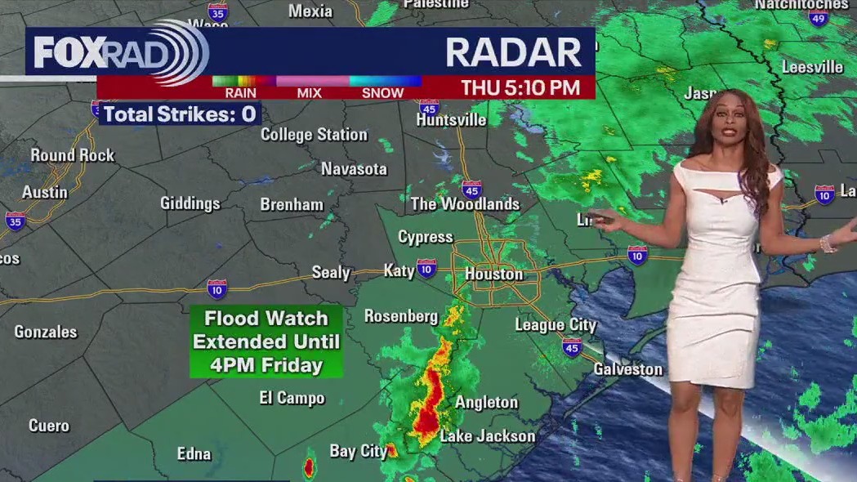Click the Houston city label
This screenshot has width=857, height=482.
click(x=493, y=274)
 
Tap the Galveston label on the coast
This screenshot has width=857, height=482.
click(x=627, y=369)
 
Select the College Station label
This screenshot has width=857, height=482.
click(x=314, y=135)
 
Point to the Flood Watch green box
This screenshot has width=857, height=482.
click(x=266, y=341)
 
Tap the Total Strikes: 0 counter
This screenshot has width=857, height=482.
click(x=180, y=114)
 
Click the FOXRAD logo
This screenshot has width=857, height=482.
click(x=118, y=53)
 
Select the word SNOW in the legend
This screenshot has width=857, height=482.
click(x=382, y=93)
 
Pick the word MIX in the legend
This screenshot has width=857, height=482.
click(x=309, y=93)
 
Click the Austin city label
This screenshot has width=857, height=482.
click(x=44, y=193)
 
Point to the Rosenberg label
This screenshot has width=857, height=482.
click(x=401, y=316)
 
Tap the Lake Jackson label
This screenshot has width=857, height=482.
click(x=488, y=436)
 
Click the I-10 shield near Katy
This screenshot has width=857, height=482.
click(x=426, y=268)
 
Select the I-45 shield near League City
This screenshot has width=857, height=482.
click(x=572, y=346)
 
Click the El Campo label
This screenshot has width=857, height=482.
click(x=292, y=399)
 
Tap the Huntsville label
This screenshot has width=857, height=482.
click(x=451, y=120)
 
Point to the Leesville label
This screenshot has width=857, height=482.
click(x=812, y=67)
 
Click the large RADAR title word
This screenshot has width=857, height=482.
click(x=513, y=53)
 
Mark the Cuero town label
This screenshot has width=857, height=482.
click(x=49, y=426)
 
